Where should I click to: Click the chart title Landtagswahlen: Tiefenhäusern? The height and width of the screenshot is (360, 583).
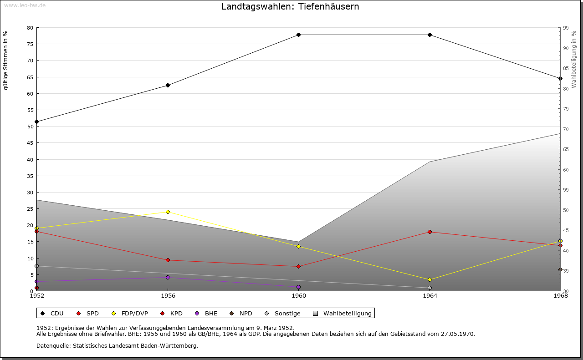(290, 7)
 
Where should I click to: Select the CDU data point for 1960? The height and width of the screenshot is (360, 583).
(299, 35)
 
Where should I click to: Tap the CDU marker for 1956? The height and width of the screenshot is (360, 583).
(168, 85)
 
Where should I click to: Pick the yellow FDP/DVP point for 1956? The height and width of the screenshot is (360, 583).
(168, 212)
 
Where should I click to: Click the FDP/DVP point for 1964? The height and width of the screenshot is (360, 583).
(430, 279)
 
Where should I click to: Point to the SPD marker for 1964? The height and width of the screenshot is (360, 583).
(430, 232)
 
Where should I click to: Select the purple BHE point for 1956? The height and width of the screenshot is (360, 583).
(168, 277)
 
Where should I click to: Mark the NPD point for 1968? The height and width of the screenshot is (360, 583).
(560, 269)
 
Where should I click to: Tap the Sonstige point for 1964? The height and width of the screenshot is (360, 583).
(430, 288)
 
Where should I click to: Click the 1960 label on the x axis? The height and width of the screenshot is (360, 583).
(299, 296)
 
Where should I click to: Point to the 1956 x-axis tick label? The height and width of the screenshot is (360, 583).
(168, 296)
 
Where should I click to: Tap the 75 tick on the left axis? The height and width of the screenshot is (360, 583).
(30, 44)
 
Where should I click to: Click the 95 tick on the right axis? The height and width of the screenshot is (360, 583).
(566, 28)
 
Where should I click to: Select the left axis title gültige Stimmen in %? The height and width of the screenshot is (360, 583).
(5, 61)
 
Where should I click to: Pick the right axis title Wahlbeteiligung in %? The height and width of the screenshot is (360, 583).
(574, 59)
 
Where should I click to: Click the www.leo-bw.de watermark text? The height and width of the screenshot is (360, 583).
(24, 5)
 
